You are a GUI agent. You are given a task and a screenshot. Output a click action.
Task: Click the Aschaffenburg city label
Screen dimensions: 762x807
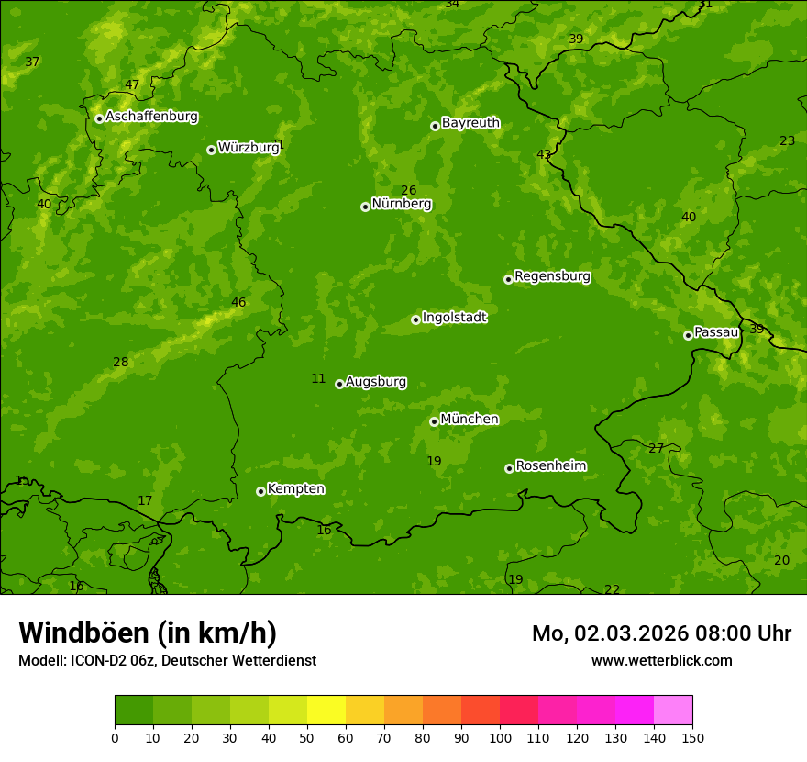click(x=151, y=117)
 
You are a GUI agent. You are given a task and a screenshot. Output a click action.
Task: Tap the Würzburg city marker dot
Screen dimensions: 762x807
click(x=211, y=150)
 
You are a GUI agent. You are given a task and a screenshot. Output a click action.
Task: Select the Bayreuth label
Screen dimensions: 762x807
click(x=470, y=123)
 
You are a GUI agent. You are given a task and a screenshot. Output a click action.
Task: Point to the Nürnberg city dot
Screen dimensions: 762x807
click(x=365, y=207)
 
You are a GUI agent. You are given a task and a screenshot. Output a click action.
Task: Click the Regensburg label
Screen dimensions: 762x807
click(x=552, y=276)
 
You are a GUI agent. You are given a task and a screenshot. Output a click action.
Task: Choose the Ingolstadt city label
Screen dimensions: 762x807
click(x=454, y=318)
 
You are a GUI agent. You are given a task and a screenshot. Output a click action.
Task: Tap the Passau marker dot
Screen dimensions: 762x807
click(x=688, y=335)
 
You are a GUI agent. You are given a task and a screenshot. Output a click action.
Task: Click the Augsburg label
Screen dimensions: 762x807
click(x=376, y=382)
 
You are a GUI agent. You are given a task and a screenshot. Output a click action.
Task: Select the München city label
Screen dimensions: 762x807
click(x=470, y=420)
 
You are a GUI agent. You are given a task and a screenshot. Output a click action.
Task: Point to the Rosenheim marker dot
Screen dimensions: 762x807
click(x=509, y=468)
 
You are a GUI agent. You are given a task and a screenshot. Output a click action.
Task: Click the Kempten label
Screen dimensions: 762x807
click(x=295, y=489)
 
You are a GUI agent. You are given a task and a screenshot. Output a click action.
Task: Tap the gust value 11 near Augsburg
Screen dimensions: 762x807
click(x=318, y=379)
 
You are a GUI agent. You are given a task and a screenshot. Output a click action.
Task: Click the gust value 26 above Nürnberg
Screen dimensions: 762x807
click(x=408, y=191)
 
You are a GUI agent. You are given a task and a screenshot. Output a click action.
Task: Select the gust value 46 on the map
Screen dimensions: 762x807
click(x=238, y=303)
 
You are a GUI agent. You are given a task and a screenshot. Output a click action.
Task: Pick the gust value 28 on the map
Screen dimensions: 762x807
click(x=121, y=363)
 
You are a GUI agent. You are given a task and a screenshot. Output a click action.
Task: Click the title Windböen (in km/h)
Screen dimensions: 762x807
click(x=148, y=633)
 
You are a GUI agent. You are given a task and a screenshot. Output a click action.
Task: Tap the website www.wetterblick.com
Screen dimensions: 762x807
click(x=661, y=661)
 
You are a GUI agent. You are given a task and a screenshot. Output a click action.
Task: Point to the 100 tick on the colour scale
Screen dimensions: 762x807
click(x=500, y=737)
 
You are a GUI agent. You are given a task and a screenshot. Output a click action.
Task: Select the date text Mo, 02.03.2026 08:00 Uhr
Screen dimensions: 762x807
click(x=661, y=633)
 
